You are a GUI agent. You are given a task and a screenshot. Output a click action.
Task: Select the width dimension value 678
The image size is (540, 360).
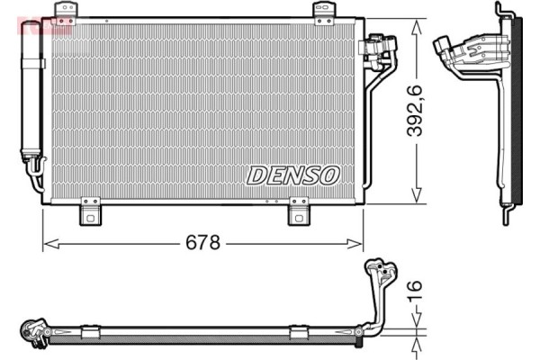(204, 243)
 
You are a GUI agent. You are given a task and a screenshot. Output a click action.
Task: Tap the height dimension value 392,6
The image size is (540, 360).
(413, 111)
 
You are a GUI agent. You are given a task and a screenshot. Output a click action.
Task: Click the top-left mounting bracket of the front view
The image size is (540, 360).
(66, 11)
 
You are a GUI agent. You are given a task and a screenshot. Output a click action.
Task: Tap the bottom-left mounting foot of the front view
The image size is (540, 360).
(90, 213)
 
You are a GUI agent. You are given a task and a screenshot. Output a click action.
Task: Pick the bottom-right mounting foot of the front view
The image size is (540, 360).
(300, 213)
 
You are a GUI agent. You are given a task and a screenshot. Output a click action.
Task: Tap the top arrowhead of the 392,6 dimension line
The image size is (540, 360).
(416, 25)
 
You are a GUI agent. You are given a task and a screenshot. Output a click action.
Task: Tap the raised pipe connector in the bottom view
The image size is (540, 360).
(378, 274)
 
